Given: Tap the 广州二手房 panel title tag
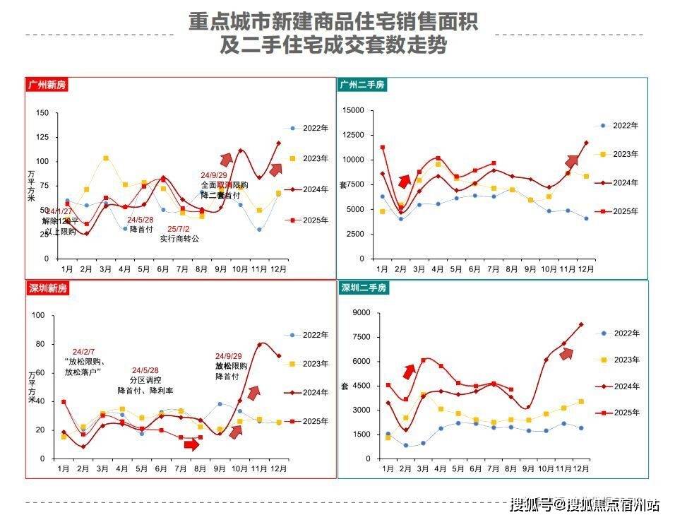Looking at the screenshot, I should tap(362, 85).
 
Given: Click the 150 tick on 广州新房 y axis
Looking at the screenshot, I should tap(42, 113).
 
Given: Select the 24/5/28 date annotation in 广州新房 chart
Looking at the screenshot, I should tap(141, 219).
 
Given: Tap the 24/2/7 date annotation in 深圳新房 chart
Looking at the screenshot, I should tap(83, 352).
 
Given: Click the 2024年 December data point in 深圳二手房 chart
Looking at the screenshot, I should tap(581, 324).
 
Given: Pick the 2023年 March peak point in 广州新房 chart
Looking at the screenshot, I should tap(106, 158).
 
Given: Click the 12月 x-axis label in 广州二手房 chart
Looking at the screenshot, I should tap(585, 269).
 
